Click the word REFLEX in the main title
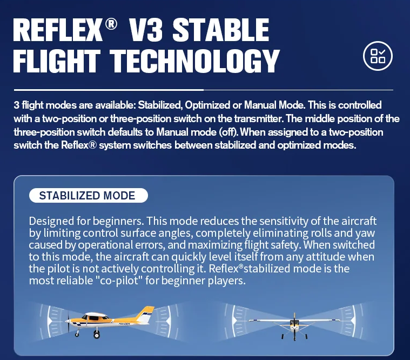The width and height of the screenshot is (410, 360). pos(57,30)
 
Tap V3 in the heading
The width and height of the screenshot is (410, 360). pos(146,30)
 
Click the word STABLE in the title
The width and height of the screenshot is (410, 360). pos(221,30)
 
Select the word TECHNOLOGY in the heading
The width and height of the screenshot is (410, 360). pos(194,61)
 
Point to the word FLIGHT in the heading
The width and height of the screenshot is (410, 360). pos(57,61)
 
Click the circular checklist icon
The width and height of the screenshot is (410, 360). pos(378,56)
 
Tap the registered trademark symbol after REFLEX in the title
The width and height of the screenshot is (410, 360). pos(111,24)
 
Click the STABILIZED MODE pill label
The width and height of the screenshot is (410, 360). pos(89,196)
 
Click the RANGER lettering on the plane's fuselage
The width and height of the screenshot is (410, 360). pos(124,324)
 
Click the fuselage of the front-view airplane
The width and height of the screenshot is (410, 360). pos(294,324)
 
